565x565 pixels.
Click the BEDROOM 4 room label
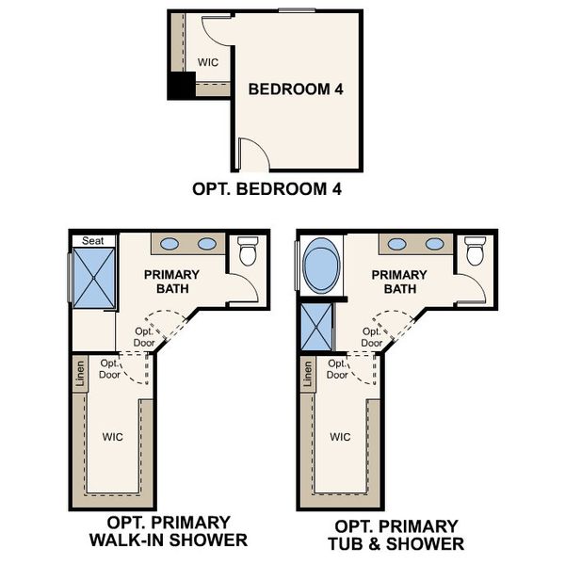point(295,89)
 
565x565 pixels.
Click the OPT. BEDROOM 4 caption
point(266,188)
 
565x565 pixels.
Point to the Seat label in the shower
point(92,241)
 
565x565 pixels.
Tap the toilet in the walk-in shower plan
point(248,252)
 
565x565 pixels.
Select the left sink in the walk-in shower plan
point(170,244)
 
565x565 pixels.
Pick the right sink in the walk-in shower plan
point(206,244)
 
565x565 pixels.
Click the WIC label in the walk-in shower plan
point(112,437)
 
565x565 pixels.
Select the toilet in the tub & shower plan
point(475,252)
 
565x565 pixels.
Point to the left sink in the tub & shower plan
point(398,244)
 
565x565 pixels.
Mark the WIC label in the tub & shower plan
point(340,437)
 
